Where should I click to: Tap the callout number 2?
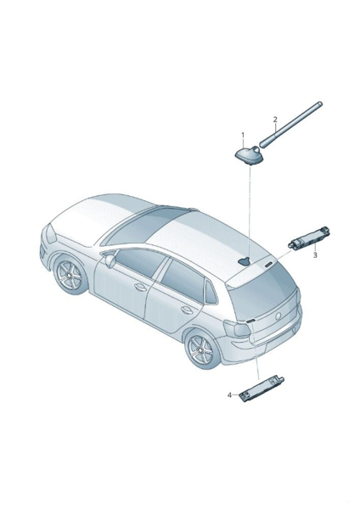coord(275,120)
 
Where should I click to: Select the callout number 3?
coord(315,255)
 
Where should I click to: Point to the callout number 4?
coord(230,394)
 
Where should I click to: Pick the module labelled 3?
coord(309,239)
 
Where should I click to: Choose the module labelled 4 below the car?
coord(262,388)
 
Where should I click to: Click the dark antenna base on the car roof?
coord(245,260)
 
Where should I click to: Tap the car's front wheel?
coord(70,275)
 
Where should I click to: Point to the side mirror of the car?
coord(110,260)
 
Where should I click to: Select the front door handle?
coord(141,287)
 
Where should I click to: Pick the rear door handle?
coord(187,310)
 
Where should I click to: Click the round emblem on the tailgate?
coord(278,316)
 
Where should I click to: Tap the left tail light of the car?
coord(238,327)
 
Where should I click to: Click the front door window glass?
coord(140,262)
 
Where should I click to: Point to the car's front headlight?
coord(51,233)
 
